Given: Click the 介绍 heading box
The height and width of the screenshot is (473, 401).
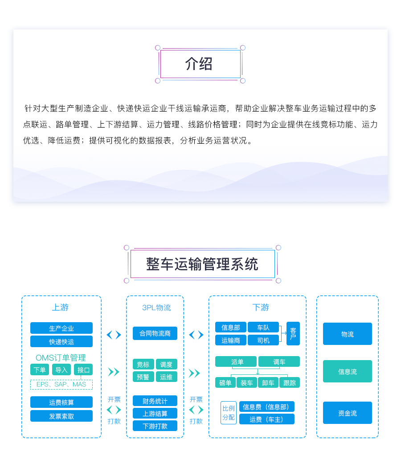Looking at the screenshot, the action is (x=200, y=64).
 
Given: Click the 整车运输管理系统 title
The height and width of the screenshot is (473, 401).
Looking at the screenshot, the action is (x=202, y=264).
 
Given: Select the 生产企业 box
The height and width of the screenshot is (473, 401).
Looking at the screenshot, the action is (x=61, y=328).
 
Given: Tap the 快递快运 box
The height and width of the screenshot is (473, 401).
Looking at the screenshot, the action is (x=61, y=341).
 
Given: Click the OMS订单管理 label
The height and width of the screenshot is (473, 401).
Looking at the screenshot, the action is (x=61, y=358).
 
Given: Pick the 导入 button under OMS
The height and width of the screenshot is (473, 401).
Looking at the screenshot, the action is (x=61, y=370).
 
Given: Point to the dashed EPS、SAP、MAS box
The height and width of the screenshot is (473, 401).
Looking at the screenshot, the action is (x=61, y=384).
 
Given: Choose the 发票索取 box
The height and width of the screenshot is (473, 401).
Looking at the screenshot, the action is (x=61, y=416).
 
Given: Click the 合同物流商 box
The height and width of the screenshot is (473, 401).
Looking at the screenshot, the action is (x=155, y=333).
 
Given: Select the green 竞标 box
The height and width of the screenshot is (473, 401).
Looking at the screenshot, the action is (x=143, y=365).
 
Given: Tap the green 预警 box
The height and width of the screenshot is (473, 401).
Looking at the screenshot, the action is (x=143, y=377).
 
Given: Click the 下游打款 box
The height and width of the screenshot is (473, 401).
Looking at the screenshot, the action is (x=155, y=426).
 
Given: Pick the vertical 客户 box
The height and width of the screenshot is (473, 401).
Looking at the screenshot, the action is (x=293, y=334).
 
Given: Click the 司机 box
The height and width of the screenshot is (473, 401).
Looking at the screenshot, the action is (x=263, y=340).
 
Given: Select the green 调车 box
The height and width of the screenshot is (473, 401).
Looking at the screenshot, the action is (x=279, y=362).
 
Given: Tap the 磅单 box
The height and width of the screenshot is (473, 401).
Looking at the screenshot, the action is (x=225, y=382).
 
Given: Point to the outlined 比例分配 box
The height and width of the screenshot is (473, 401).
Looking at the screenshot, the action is (x=229, y=413).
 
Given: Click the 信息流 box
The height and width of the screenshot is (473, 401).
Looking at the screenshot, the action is (x=348, y=371).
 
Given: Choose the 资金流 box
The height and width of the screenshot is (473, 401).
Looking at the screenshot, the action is (x=348, y=413).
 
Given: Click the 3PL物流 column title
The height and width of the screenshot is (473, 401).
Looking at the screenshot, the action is (x=156, y=307).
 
